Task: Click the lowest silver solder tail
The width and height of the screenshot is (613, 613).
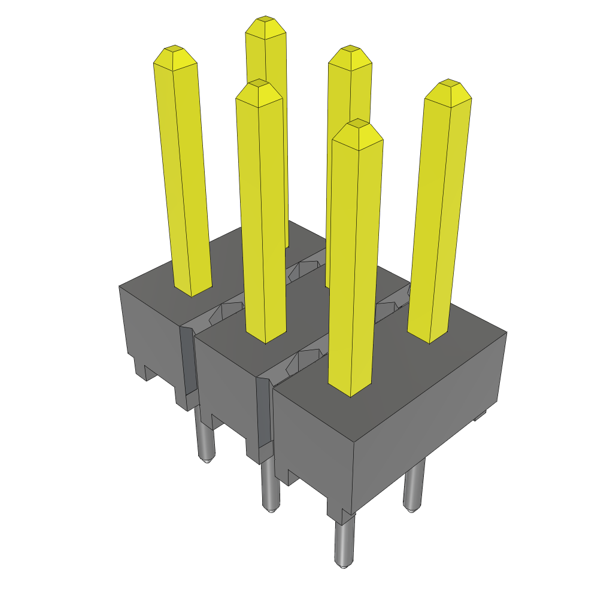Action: pos(343,542)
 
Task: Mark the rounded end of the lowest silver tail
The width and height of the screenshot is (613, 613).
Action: pos(342,565)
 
